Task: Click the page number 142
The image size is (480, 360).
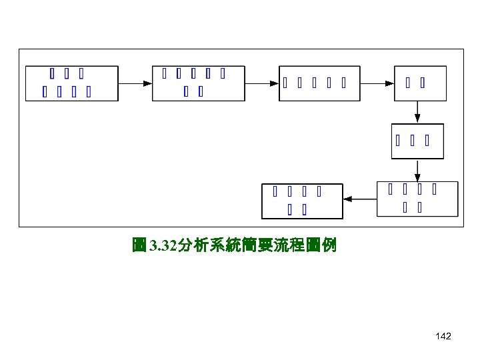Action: pos(443,337)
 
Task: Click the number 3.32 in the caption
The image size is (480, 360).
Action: pos(163,246)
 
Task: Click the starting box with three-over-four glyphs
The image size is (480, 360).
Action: pos(71,83)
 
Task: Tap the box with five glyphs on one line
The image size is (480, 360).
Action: pos(319,83)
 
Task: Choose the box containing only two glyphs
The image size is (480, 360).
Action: pos(420,83)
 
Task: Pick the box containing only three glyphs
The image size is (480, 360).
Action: pos(417,141)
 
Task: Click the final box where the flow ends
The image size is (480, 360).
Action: pos(303,201)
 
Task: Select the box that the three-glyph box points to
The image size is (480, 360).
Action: pos(417,199)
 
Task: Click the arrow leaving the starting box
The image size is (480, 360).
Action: pos(135,83)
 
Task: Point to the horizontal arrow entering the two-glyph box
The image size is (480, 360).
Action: pos(377,83)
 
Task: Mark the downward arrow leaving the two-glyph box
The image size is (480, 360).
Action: pos(417,111)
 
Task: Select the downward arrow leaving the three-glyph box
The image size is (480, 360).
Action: pos(417,170)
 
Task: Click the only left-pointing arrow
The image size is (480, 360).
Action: pos(360,199)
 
